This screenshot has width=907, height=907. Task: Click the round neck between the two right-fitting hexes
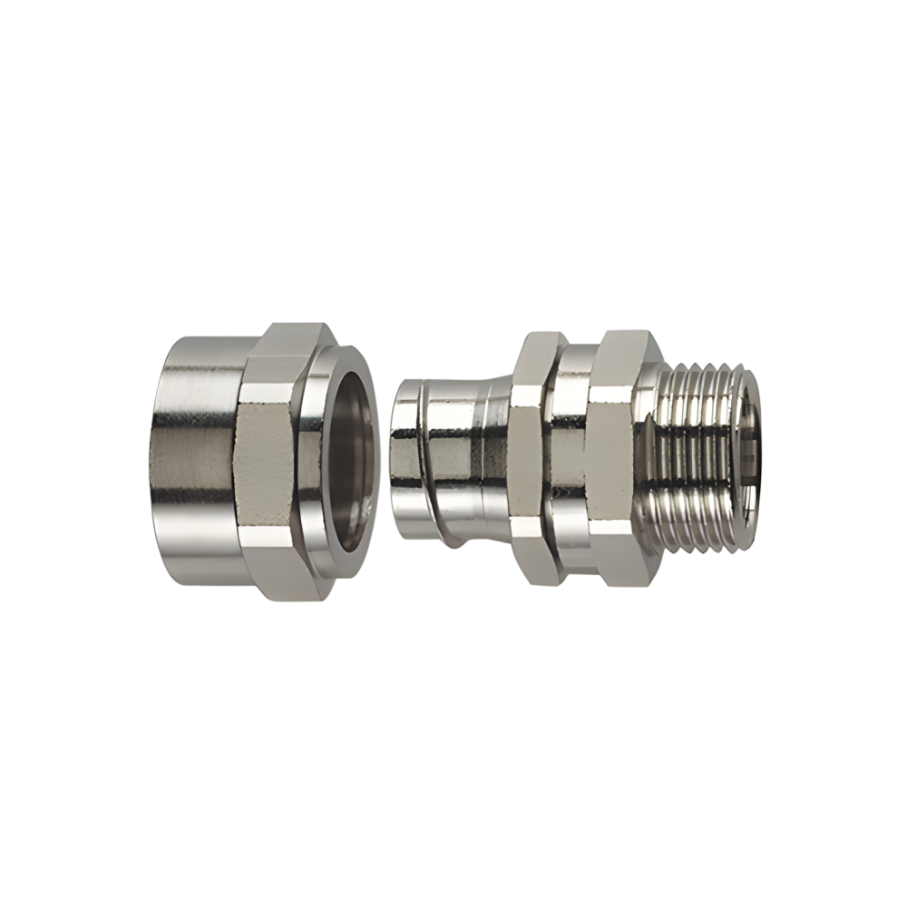click(x=570, y=458)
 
